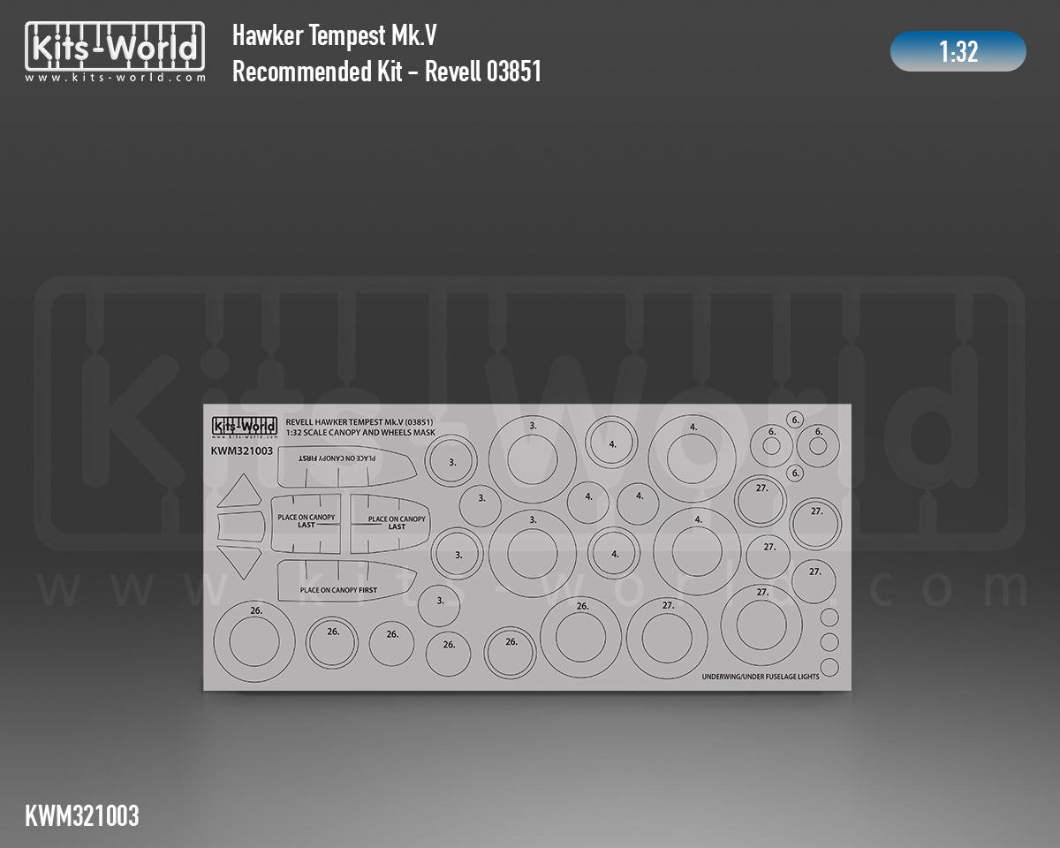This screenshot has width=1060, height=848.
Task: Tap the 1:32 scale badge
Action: pos(958,52)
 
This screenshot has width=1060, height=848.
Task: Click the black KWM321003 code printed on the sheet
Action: pos(241,450)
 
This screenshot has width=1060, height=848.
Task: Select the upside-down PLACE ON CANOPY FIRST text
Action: pos(337,459)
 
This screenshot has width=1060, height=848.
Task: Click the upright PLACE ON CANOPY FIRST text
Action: pos(338,589)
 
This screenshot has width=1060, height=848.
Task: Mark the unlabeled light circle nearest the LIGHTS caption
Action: pos(829,665)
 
